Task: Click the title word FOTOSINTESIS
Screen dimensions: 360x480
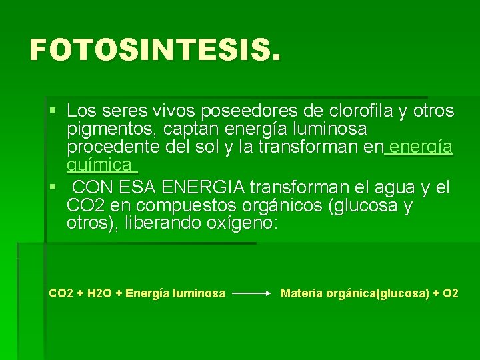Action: pos(151,50)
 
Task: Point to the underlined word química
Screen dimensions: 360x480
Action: pos(99,165)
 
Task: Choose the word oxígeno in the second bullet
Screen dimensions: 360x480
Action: pos(239,223)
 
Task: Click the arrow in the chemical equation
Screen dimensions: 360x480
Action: pos(251,293)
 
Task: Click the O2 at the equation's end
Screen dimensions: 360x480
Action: pos(451,293)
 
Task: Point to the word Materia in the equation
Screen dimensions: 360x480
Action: pos(303,293)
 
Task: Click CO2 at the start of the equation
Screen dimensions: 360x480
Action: pos(61,293)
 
